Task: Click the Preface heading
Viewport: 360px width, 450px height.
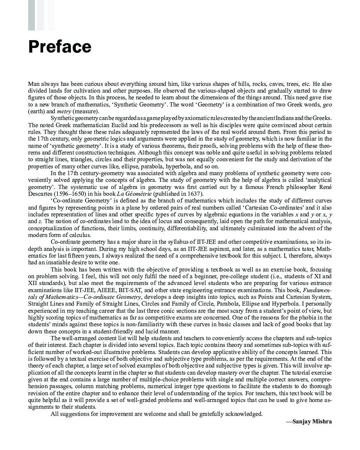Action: pos(60,47)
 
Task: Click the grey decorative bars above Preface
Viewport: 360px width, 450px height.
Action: pos(41,15)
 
